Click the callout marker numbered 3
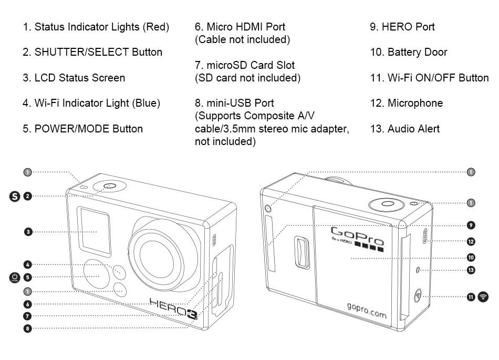(x=28, y=231)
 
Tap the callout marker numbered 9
(x=471, y=225)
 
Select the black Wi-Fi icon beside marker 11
(x=483, y=297)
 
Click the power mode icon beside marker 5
(x=15, y=277)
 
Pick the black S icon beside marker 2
(x=15, y=196)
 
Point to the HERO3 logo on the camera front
(x=169, y=305)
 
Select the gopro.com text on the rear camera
(x=367, y=310)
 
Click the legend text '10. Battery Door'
(x=409, y=52)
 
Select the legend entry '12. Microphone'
(x=406, y=103)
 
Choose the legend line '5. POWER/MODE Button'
(x=82, y=129)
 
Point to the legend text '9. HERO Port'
(x=402, y=27)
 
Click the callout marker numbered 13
(x=471, y=270)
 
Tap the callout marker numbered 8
(x=28, y=328)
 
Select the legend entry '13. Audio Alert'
(x=404, y=129)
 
